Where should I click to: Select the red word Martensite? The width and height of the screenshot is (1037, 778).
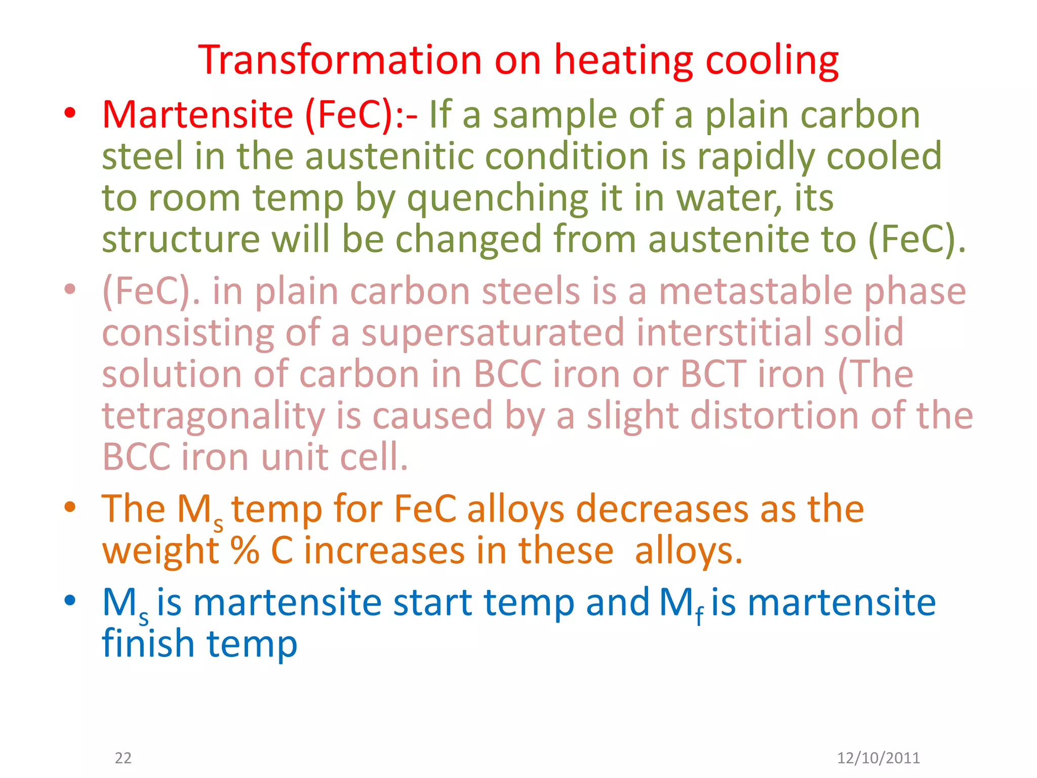point(197,114)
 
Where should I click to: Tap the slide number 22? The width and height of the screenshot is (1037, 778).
point(123,758)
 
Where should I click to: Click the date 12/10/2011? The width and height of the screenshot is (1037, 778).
point(878,758)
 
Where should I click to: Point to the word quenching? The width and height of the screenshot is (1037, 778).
point(497,199)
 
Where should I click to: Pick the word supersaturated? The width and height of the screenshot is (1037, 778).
point(493,333)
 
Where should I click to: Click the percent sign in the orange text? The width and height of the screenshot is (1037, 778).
point(245,551)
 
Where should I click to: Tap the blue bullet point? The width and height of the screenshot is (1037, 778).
point(70,601)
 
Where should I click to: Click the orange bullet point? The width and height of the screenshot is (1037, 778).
point(70,507)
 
